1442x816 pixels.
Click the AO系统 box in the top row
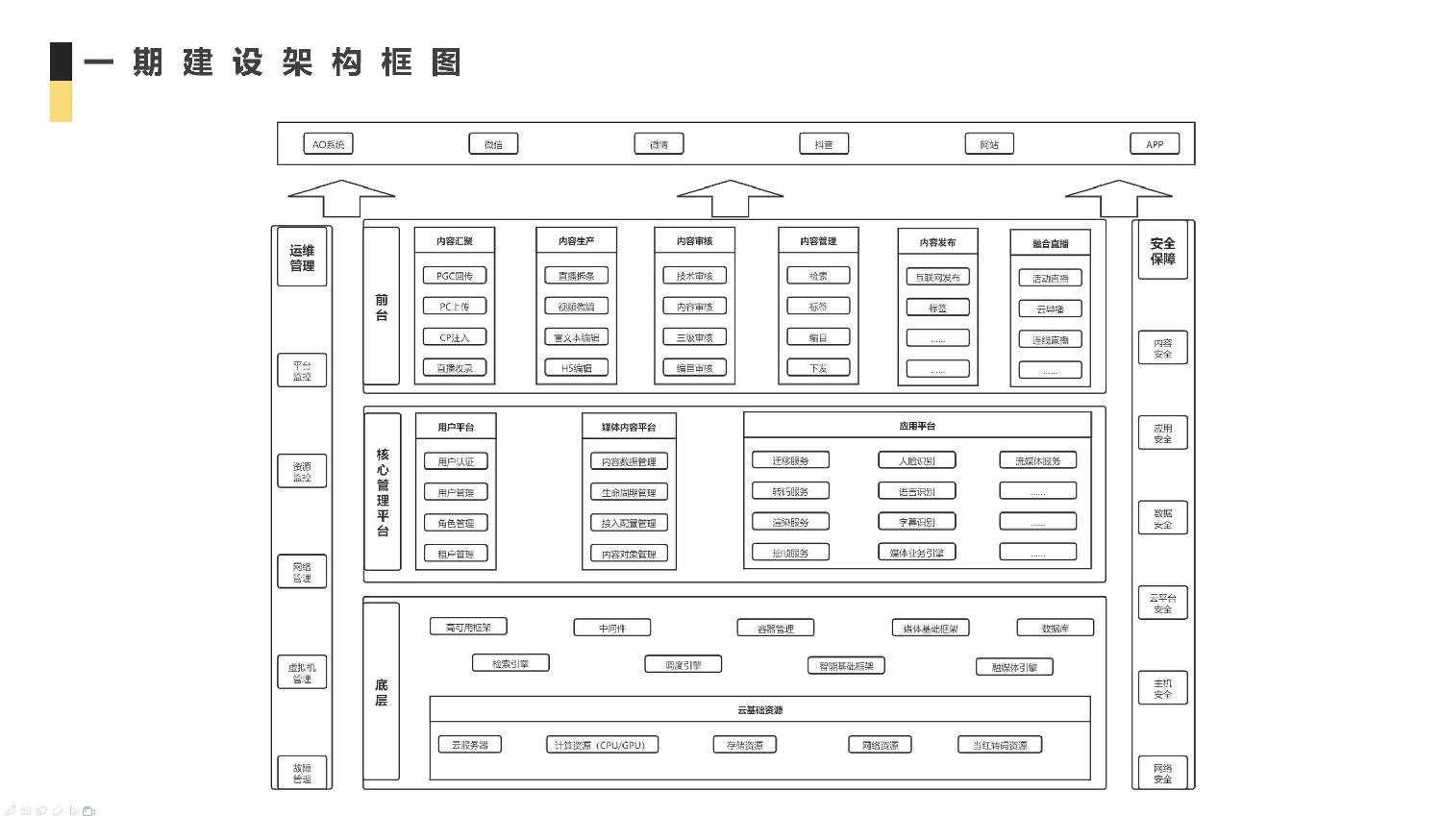328,144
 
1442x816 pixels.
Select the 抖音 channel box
824,144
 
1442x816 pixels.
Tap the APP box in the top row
1155,144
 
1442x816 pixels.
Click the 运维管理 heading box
302,258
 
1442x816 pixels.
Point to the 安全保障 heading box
1162,251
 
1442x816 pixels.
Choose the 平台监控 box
302,371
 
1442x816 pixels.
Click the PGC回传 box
455,276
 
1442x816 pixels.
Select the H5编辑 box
577,368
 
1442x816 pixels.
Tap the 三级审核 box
694,337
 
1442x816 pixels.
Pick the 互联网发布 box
937,277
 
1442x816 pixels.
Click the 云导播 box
1050,309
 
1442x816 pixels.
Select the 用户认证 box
456,461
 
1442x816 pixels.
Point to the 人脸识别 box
916,460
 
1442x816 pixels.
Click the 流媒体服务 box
1037,460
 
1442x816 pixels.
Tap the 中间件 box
611,628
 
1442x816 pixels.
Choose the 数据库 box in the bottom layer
1055,628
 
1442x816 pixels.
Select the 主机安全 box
1162,688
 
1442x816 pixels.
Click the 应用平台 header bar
917,426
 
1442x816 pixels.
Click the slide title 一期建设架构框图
272,63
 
